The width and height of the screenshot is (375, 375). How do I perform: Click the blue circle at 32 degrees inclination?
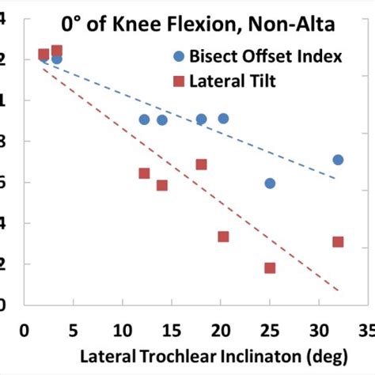tap(338, 160)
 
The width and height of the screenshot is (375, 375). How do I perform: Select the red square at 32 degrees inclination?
tap(338, 241)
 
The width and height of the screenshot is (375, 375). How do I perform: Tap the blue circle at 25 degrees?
tap(270, 184)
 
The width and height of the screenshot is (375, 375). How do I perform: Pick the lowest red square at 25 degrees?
tap(270, 268)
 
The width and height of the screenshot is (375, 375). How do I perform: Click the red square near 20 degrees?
tap(224, 237)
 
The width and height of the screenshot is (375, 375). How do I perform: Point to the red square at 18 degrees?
tap(202, 165)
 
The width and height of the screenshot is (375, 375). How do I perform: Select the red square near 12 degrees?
tap(144, 173)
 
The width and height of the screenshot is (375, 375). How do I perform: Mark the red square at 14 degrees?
tap(162, 185)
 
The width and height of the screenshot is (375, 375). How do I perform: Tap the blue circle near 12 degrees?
tap(144, 119)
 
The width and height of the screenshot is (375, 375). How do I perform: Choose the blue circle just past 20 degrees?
tap(224, 119)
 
